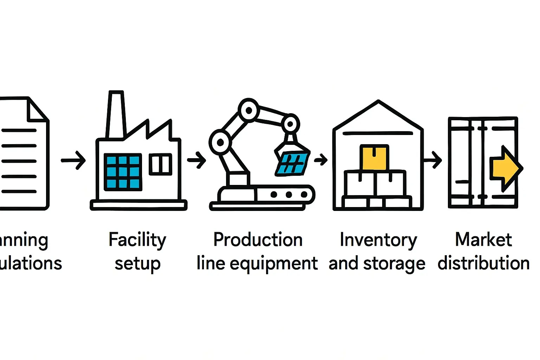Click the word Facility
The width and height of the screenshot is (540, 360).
click(x=137, y=240)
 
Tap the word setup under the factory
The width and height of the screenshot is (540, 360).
click(x=137, y=264)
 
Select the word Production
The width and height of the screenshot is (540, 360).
click(x=258, y=240)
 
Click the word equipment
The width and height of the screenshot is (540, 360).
click(x=274, y=264)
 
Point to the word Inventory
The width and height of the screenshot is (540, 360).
click(x=378, y=240)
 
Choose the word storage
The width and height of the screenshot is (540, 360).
click(x=394, y=264)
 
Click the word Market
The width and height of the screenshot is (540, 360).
click(x=483, y=240)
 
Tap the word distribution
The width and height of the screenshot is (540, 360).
click(x=483, y=263)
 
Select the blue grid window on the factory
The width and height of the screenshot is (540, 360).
click(x=123, y=172)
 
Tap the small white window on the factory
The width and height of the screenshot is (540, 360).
click(x=161, y=164)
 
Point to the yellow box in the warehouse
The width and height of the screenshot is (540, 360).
click(x=374, y=158)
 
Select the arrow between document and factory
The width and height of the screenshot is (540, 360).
click(x=73, y=160)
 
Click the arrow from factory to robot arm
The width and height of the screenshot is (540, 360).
click(x=197, y=160)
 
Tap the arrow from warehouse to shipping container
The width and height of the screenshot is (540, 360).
click(x=433, y=160)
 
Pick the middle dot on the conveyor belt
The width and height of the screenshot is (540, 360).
click(x=289, y=194)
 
